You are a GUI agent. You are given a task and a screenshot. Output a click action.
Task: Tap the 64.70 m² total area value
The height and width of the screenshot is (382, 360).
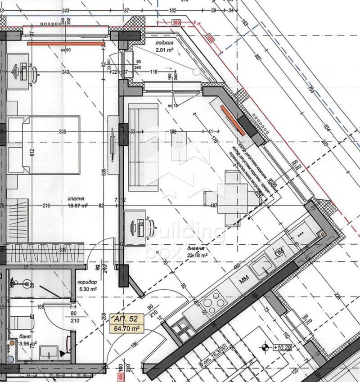(126, 328)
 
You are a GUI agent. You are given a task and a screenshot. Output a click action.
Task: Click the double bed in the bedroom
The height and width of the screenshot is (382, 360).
(45, 144)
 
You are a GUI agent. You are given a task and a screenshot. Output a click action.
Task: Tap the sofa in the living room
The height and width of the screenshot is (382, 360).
(143, 146)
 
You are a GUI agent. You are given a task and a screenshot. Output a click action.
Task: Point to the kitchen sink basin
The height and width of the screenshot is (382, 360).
(261, 270)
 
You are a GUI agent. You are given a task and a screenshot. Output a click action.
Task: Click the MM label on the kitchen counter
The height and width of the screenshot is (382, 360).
(244, 280)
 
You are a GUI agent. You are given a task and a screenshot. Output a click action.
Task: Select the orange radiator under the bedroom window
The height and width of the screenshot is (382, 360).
(66, 44)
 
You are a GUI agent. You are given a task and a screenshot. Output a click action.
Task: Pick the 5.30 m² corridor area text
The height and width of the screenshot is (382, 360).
(87, 290)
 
